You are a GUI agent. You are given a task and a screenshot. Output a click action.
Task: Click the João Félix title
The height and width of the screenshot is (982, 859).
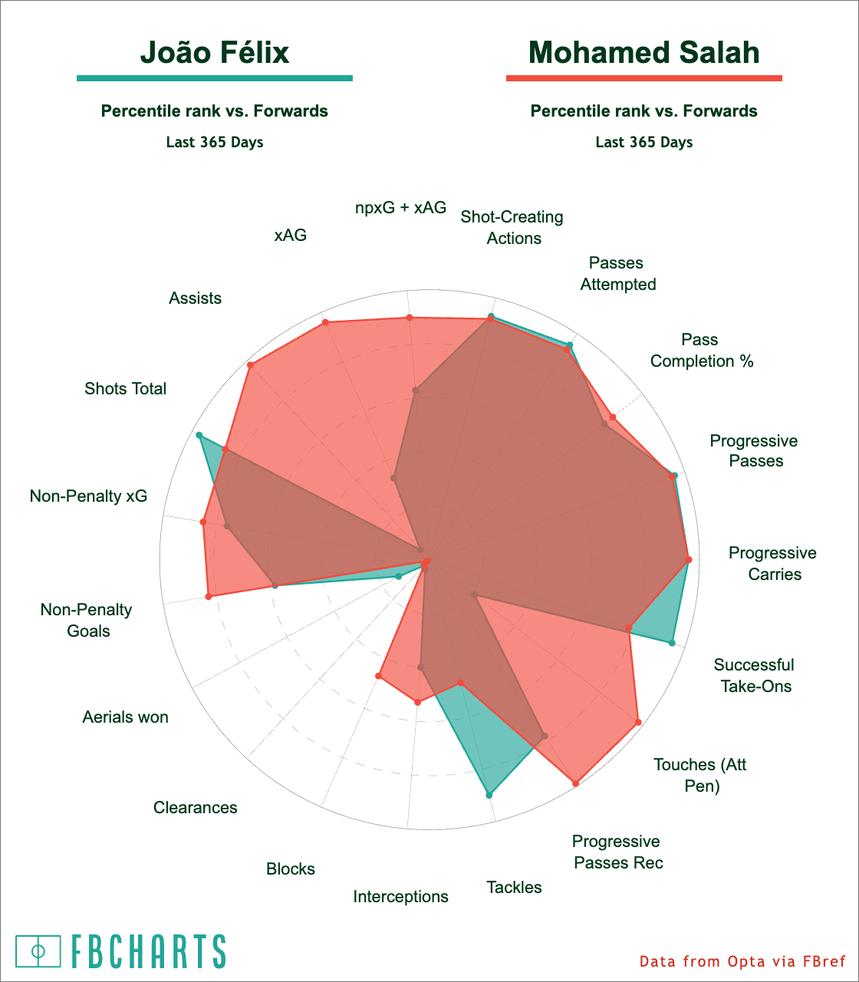(215, 53)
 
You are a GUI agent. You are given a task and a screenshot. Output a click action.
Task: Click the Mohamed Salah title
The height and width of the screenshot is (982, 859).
(644, 53)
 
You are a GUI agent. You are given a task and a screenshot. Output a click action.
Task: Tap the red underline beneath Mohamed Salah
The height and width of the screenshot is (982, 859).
(644, 78)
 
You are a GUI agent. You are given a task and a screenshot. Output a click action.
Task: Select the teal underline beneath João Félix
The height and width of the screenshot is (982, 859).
(215, 78)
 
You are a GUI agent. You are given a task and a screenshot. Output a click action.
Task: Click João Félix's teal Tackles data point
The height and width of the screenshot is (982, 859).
(489, 795)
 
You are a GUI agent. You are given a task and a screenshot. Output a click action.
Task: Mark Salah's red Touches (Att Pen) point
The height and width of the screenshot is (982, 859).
(637, 722)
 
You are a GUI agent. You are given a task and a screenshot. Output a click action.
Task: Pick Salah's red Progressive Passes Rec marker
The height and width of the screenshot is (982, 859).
(575, 783)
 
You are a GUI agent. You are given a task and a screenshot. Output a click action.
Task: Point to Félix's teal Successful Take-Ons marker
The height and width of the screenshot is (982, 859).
(672, 643)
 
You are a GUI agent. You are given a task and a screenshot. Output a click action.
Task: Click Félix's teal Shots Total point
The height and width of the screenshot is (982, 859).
(199, 436)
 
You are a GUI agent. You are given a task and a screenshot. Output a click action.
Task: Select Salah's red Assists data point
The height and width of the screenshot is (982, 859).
(250, 365)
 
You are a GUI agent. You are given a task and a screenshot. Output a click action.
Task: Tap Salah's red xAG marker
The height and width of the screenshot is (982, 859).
(326, 322)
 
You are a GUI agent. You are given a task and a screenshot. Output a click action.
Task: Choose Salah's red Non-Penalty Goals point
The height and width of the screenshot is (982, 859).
(209, 595)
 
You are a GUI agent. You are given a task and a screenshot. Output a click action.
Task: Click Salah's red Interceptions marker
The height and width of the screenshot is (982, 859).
(417, 701)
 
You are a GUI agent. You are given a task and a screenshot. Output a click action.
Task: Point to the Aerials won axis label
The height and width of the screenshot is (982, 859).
(126, 717)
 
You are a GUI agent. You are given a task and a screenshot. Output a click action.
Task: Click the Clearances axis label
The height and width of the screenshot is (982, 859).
(196, 807)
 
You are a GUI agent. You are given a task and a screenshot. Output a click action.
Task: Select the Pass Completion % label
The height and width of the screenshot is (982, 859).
(702, 351)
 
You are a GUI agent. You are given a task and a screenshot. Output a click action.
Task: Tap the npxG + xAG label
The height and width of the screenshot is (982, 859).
(400, 207)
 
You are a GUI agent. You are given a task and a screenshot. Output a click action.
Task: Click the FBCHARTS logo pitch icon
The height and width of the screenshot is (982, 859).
(38, 951)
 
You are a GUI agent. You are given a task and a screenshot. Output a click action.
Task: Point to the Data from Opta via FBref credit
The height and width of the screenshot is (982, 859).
(742, 961)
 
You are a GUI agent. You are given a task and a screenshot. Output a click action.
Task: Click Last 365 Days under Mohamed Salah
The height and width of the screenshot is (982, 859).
(644, 142)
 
